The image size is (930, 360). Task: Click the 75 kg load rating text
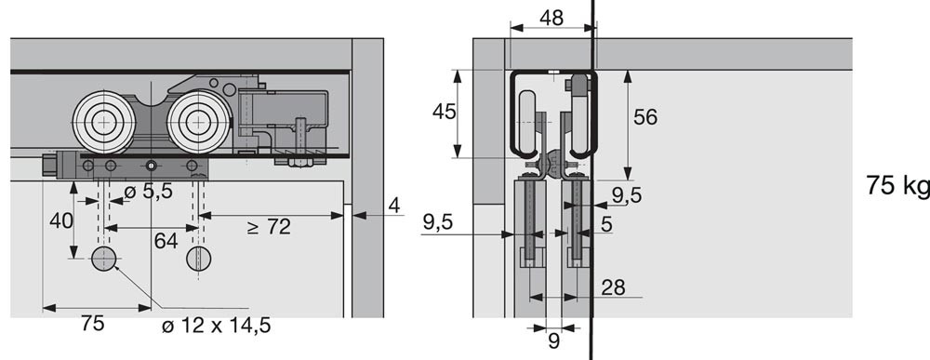[x=897, y=186]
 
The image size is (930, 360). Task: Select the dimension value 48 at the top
[x=551, y=18]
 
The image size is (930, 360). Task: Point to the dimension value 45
[x=445, y=111]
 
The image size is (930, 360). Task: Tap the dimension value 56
[x=645, y=117]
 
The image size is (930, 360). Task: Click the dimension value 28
[x=613, y=287]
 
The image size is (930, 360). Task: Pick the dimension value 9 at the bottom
[x=554, y=341]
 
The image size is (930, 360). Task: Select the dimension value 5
[x=605, y=223]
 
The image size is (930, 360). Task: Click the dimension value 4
[x=393, y=206]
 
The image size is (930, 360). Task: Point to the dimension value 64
[x=166, y=241]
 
